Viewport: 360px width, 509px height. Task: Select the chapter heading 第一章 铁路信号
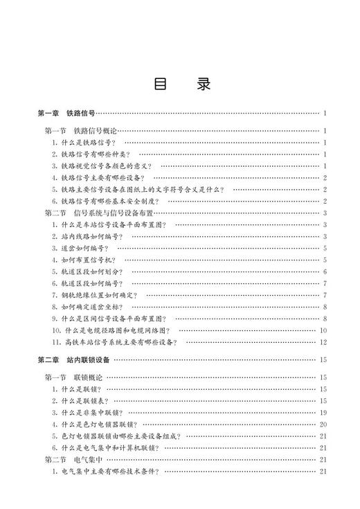click(x=66, y=113)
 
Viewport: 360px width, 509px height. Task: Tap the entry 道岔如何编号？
click(x=80, y=248)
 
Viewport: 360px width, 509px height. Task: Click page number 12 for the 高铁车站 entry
click(x=323, y=342)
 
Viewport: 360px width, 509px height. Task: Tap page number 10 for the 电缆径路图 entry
click(x=323, y=330)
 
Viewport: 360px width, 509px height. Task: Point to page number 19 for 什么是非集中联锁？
click(x=323, y=413)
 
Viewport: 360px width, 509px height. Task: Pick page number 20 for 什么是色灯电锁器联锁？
click(x=323, y=425)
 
